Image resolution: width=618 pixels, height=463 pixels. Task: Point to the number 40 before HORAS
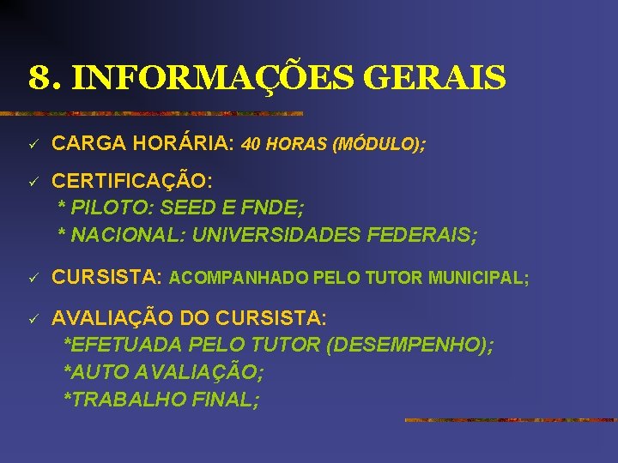(x=253, y=146)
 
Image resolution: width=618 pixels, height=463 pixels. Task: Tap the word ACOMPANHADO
(x=239, y=279)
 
